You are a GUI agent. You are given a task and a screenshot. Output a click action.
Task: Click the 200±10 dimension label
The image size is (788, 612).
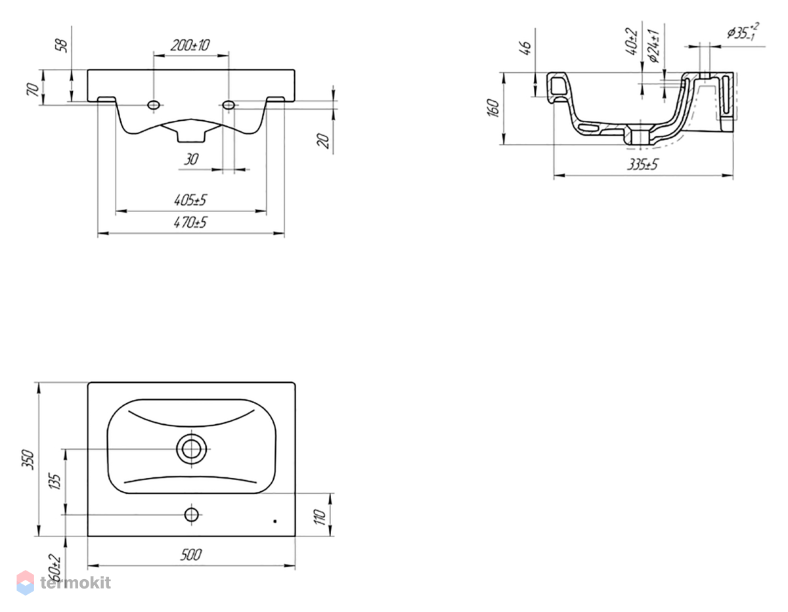coord(190,45)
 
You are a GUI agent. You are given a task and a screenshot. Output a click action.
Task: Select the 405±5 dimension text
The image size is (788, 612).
coord(190,200)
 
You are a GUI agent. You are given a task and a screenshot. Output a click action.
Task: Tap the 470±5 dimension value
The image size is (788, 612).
coord(190,222)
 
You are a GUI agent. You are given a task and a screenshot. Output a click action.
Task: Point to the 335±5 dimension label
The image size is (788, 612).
coord(642,165)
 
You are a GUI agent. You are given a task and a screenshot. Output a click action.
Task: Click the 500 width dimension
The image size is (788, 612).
coord(191,554)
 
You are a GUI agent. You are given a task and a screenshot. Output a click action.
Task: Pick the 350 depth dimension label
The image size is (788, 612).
coord(28,460)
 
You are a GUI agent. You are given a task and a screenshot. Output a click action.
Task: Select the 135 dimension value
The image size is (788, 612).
coord(55,481)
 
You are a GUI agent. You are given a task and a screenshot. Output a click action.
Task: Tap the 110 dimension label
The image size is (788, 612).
coord(320,517)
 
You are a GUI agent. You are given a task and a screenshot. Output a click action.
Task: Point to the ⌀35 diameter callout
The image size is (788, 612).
coord(743,32)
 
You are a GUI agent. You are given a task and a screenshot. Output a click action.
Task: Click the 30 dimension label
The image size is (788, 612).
coord(191,159)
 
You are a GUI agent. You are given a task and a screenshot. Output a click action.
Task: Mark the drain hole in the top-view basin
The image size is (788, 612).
coord(192,449)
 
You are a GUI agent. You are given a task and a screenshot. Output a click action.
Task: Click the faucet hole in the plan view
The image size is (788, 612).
coord(192,514)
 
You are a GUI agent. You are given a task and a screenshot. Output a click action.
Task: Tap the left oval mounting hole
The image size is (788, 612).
coord(154,105)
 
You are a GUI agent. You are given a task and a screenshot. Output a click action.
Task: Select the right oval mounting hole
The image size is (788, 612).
coord(229,105)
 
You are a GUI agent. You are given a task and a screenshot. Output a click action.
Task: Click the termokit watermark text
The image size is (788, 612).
coord(76,582)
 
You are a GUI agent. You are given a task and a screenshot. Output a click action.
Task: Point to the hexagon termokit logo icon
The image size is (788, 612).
coord(26,582)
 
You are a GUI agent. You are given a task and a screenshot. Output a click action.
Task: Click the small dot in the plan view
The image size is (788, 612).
coord(275,521)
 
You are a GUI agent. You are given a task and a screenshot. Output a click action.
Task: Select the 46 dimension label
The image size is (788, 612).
coord(526,48)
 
